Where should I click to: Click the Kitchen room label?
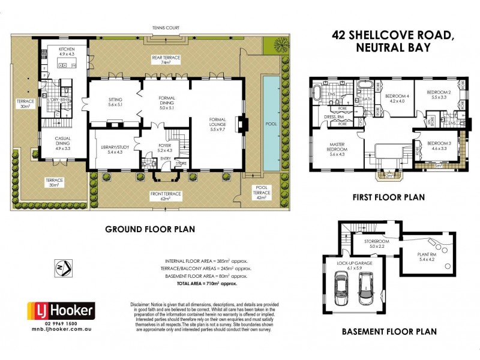pyautogui.click(x=65, y=51)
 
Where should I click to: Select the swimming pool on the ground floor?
pyautogui.click(x=271, y=123)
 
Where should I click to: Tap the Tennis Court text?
pyautogui.click(x=165, y=27)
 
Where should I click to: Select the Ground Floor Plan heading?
pyautogui.click(x=149, y=229)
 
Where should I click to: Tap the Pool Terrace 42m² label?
pyautogui.click(x=262, y=193)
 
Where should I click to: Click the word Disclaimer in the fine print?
pyautogui.click(x=142, y=305)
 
